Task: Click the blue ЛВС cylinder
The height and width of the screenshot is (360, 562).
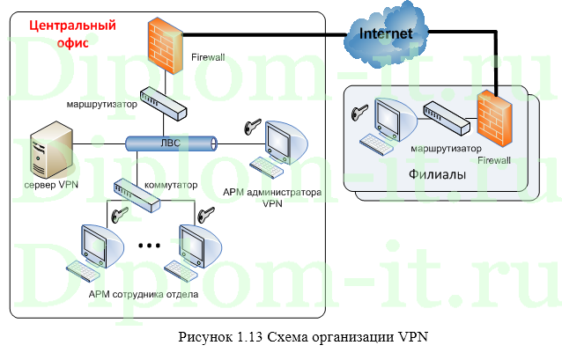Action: point(169,143)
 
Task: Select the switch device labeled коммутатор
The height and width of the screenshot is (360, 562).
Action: point(137,194)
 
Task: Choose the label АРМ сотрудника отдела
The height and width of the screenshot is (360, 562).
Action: point(143,294)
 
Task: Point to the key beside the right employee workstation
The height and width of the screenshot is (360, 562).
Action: point(208,214)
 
